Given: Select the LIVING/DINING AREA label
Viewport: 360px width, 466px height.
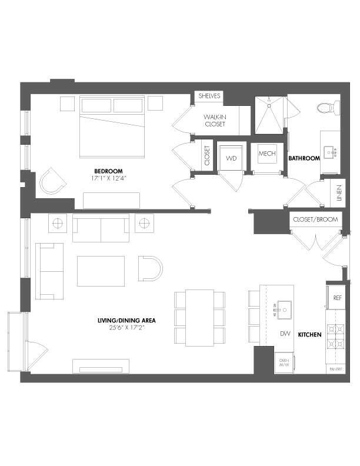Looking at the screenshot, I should [126, 320].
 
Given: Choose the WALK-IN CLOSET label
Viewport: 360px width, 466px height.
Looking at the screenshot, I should [215, 120].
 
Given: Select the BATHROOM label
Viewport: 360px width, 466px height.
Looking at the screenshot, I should [304, 158].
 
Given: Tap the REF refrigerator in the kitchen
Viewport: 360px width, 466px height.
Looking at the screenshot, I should [337, 298].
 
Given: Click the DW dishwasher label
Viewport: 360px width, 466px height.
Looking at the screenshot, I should [285, 334].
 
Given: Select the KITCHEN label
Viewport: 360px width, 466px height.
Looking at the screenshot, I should [309, 334].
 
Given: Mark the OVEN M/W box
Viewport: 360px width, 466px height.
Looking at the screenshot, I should [284, 364].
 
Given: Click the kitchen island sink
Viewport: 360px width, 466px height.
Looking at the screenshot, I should [285, 307].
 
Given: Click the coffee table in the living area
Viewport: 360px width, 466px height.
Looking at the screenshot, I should [101, 271].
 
